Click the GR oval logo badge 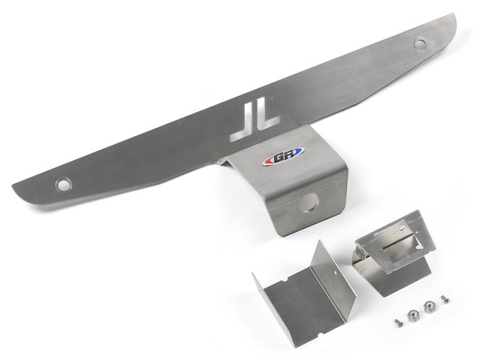pos(283,156)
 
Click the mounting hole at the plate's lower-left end pos(64,185)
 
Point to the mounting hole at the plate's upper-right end pos(420,43)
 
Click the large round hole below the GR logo pos(309,203)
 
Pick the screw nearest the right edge pos(444,299)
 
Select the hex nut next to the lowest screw pos(412,316)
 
